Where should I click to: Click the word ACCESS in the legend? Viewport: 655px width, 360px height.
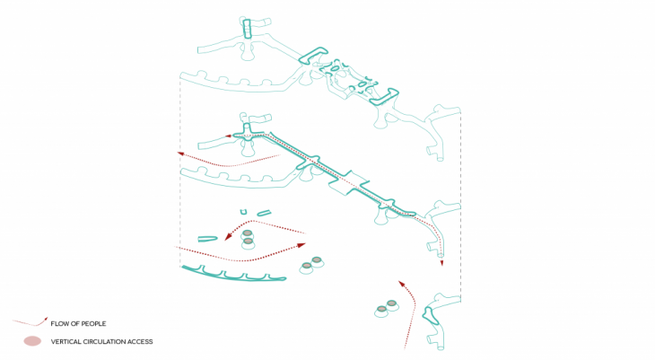140,342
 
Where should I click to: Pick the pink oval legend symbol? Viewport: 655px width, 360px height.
32,341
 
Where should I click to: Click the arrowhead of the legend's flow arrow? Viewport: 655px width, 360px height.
45,319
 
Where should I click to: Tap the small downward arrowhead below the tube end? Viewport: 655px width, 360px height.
441,262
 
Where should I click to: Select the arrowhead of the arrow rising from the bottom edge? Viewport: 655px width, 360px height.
401,284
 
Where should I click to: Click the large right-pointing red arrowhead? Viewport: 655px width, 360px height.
301,245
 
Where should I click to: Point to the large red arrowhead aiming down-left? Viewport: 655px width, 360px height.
228,236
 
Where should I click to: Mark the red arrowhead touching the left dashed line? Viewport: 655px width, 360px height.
181,154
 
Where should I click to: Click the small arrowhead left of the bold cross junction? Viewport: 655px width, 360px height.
229,136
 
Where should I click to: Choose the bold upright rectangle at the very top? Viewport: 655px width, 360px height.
247,29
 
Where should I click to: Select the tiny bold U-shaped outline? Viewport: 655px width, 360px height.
243,212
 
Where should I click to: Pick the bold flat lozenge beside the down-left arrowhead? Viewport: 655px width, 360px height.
207,239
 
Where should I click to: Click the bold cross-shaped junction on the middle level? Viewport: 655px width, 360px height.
249,135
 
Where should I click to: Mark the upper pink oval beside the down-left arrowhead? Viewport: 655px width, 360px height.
248,233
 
